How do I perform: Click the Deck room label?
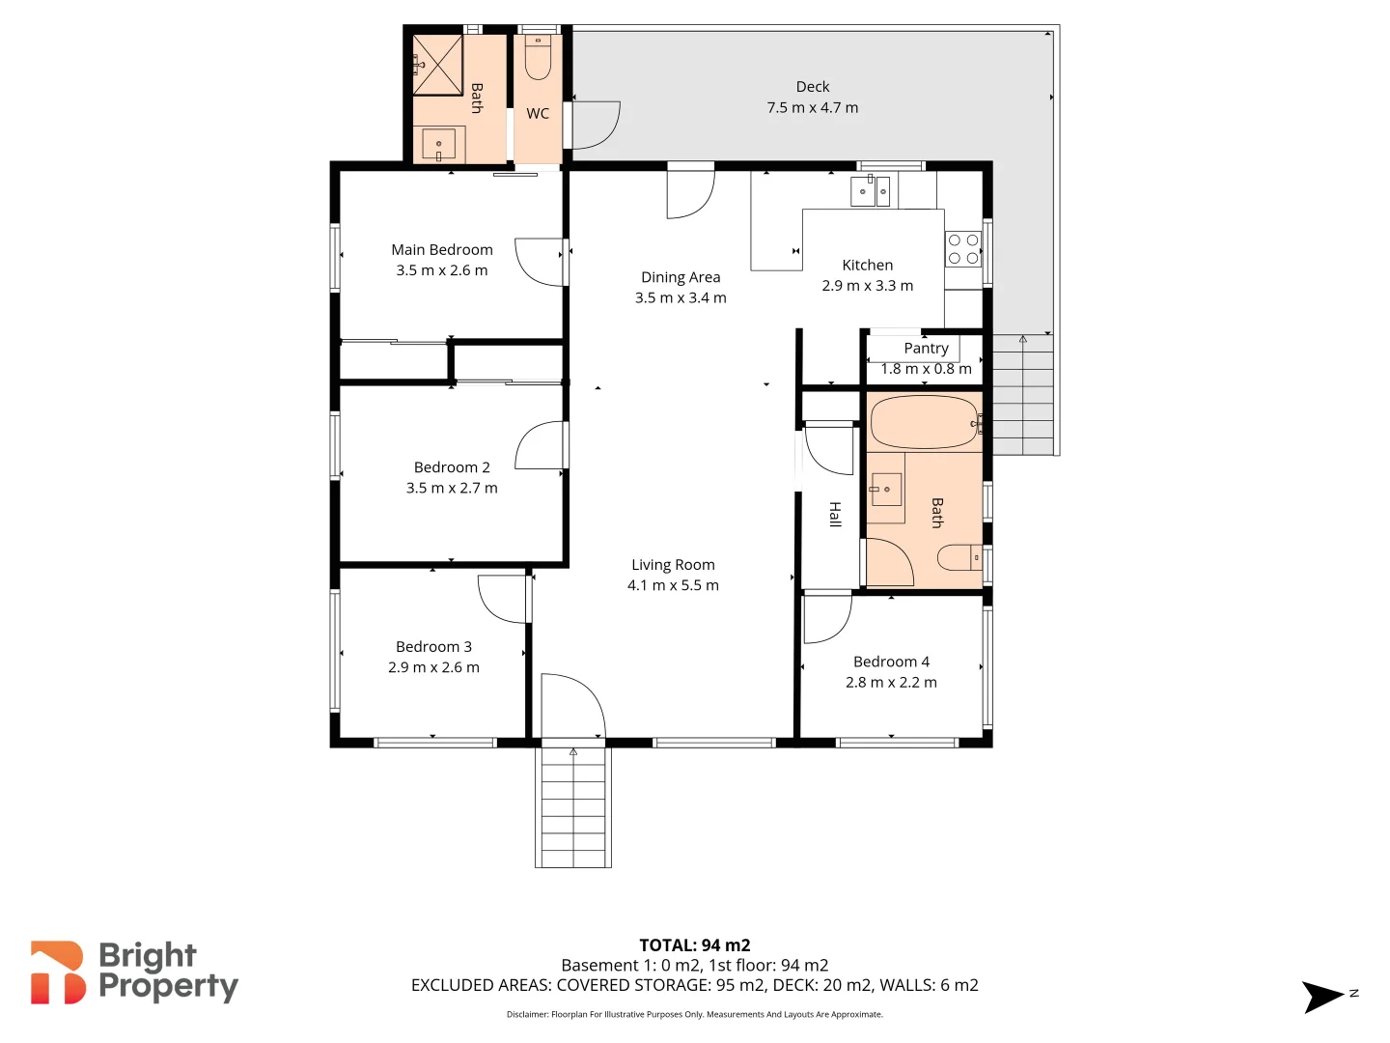click(x=812, y=87)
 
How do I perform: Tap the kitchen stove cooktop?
click(x=963, y=249)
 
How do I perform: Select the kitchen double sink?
click(x=870, y=190)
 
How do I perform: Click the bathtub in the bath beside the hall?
click(x=925, y=422)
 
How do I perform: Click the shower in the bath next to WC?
click(x=437, y=66)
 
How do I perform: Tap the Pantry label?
click(x=926, y=348)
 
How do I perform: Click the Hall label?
click(x=835, y=514)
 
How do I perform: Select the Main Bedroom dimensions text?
click(x=442, y=270)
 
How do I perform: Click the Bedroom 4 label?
click(x=891, y=662)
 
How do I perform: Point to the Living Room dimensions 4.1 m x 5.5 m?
click(x=673, y=585)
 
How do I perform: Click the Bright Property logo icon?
click(x=57, y=973)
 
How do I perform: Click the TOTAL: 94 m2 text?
click(x=695, y=945)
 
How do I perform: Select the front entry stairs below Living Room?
click(x=573, y=807)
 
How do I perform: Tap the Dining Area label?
click(x=681, y=277)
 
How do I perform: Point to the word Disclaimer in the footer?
click(x=527, y=1014)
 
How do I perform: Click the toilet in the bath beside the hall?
click(x=959, y=558)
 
